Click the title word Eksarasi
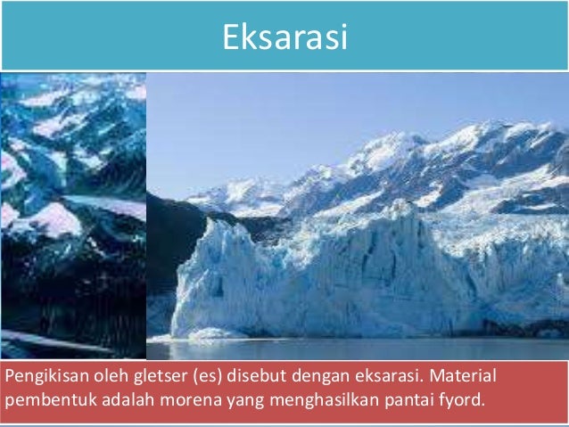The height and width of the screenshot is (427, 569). pos(284,37)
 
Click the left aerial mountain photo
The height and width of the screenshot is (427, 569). pos(73,214)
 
